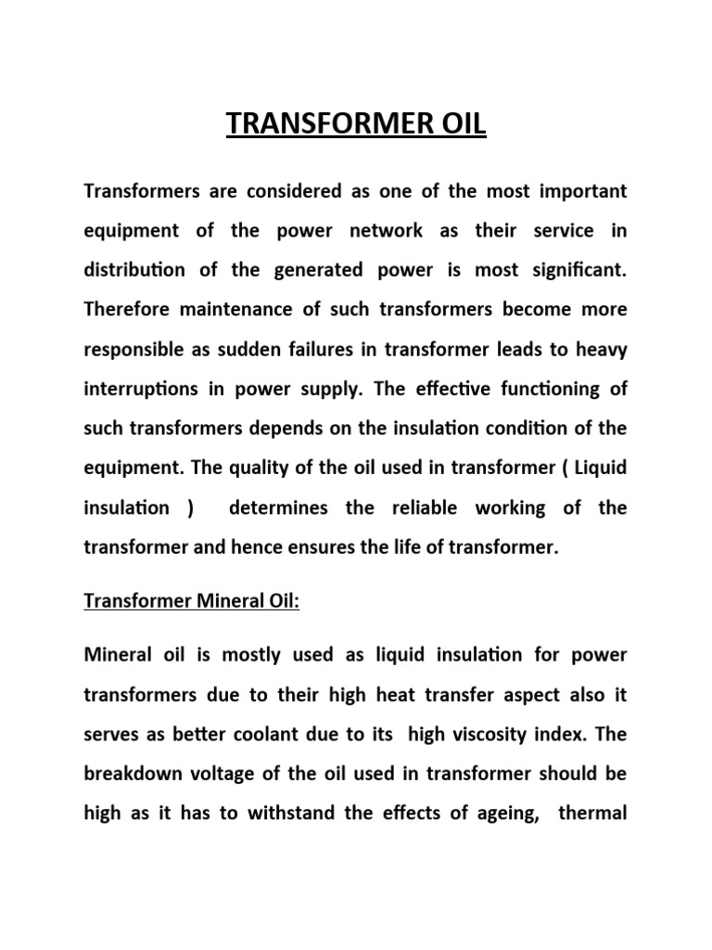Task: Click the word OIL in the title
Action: [454, 124]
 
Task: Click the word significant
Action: [579, 270]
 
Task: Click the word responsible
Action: [136, 349]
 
